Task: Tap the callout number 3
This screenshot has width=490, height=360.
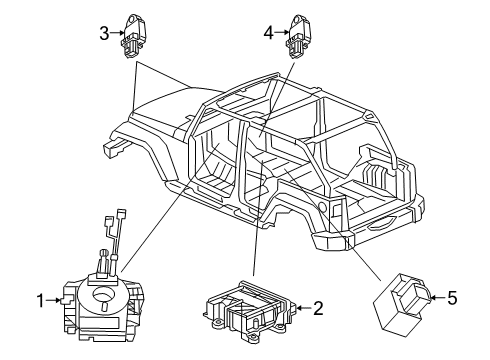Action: click(103, 32)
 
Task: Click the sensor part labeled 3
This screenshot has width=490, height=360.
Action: click(133, 34)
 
